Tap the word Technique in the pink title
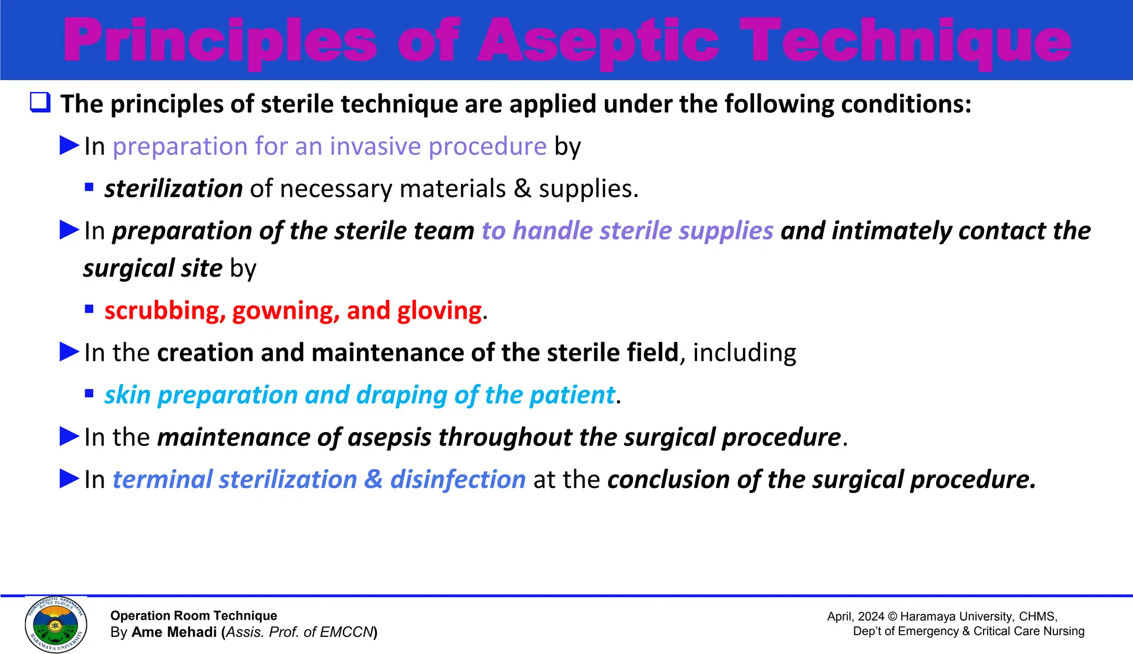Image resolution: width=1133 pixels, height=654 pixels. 906,41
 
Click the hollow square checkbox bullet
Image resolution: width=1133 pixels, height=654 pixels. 40,103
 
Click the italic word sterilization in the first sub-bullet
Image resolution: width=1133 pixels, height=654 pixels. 174,189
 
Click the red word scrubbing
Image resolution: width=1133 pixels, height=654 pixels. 165,311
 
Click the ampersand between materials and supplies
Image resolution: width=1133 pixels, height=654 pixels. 522,189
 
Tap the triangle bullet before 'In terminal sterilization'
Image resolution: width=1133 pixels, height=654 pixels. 70,479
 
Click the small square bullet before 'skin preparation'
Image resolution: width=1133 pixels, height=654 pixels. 89,394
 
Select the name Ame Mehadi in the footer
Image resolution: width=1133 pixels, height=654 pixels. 174,632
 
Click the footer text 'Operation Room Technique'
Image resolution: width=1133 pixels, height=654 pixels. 194,616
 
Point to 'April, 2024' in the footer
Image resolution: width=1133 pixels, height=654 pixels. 855,616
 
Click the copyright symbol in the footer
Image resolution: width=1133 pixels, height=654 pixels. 892,616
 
